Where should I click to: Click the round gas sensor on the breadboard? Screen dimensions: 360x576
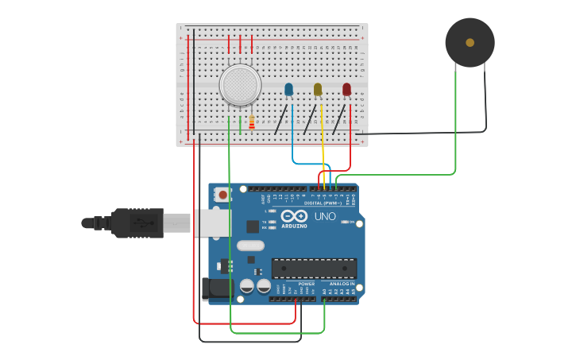point(240,85)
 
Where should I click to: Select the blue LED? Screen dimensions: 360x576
point(288,90)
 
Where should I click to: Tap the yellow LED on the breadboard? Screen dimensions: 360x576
point(318,90)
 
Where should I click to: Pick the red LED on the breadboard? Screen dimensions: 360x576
point(346,90)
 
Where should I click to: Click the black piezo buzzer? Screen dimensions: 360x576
point(470,43)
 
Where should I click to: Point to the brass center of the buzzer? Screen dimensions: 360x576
point(470,43)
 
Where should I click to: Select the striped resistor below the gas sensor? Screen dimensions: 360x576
point(252,122)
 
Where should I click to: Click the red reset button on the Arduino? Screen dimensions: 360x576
point(222,194)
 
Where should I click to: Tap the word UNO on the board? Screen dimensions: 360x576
point(325,216)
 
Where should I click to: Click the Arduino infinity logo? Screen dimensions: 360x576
point(294,216)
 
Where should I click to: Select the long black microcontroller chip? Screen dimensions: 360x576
point(314,268)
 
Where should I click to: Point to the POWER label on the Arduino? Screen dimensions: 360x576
point(306,284)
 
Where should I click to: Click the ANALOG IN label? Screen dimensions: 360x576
point(342,284)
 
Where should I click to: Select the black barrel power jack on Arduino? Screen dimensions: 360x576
point(216,289)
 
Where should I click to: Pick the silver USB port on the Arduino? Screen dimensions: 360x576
point(211,223)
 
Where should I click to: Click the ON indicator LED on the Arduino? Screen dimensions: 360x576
point(346,222)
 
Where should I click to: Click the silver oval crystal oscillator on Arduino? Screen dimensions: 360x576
point(250,246)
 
